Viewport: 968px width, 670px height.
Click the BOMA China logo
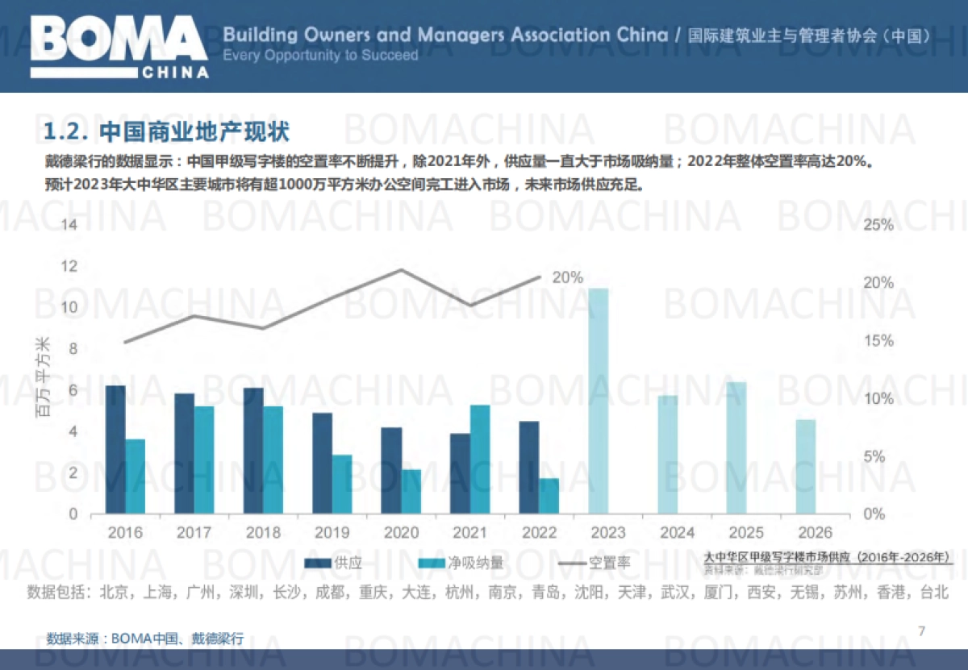click(119, 46)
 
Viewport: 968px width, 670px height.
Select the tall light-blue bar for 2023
click(598, 401)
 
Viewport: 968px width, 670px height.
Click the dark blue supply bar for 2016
click(115, 449)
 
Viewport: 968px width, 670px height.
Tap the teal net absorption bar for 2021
click(480, 459)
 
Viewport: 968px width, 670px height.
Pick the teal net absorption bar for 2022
click(549, 496)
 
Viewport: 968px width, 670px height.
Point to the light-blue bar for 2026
click(805, 466)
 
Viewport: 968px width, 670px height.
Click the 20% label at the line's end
click(567, 277)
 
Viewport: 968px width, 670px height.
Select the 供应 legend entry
click(335, 562)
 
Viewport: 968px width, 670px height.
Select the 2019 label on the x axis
click(332, 533)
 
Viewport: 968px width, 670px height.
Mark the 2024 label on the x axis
click(677, 533)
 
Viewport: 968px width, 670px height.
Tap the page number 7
click(922, 630)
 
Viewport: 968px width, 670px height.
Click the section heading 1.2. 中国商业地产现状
click(165, 131)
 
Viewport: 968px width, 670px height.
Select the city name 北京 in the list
click(114, 593)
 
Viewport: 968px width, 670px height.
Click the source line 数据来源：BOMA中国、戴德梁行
click(144, 638)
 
